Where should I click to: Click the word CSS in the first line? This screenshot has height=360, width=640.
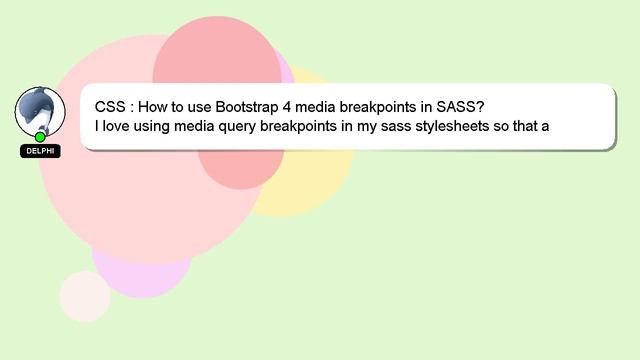[110, 106]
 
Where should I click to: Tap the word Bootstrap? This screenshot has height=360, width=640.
[248, 106]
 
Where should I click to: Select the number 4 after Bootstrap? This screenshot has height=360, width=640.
[288, 106]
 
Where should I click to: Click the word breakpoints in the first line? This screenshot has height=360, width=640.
[384, 106]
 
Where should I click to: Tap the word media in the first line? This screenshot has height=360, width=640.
[319, 106]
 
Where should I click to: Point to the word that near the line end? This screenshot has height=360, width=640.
[526, 126]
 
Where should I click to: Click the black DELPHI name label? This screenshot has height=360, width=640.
[40, 151]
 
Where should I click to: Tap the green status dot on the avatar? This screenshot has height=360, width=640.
[40, 137]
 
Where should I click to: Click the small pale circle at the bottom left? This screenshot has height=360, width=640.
[85, 296]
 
